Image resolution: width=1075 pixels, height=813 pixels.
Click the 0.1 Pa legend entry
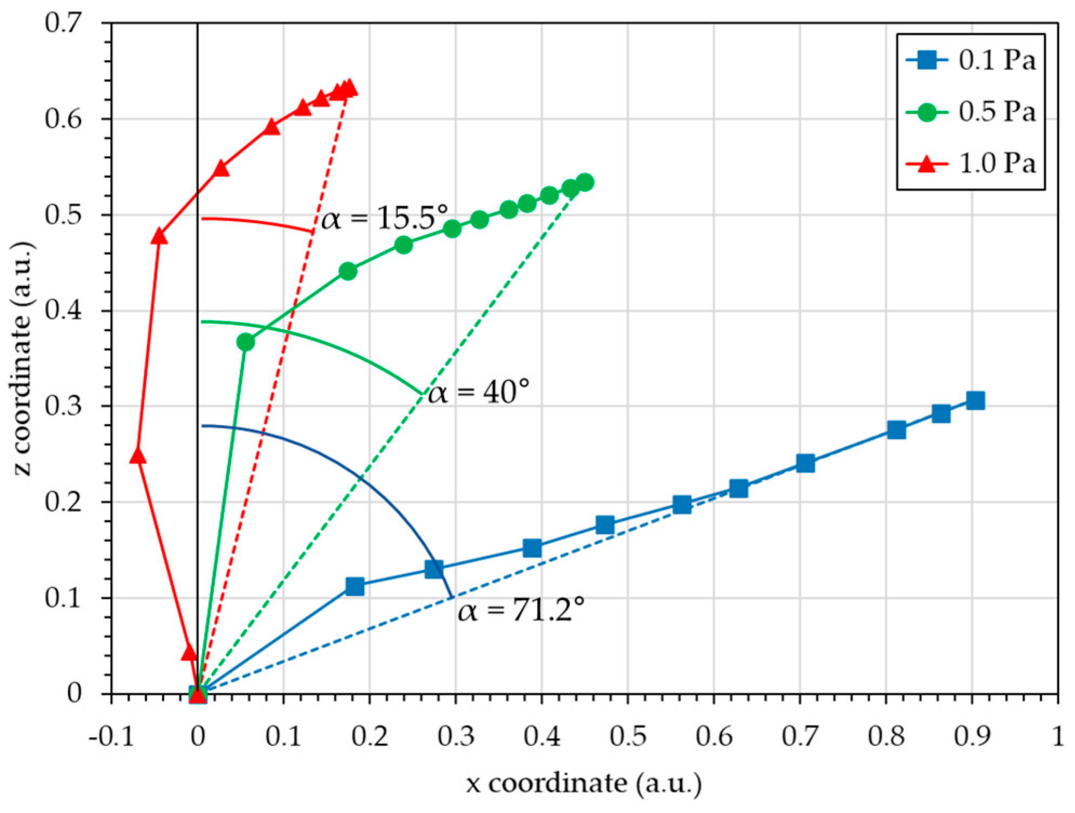coord(971,60)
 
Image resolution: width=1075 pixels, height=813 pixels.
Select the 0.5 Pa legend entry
coord(971,112)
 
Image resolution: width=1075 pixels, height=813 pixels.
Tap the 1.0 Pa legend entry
coord(971,163)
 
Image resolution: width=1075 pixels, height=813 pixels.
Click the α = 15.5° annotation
coord(384,219)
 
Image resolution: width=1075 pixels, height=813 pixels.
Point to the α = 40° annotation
coord(478,392)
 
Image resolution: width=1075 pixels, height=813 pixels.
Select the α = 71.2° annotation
coord(521,610)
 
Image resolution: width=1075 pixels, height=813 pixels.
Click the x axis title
coord(584,783)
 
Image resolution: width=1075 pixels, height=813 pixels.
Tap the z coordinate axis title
coord(23,359)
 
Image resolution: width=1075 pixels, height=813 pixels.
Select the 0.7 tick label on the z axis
coord(63,23)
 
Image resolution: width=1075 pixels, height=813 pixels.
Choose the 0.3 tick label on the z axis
coord(63,406)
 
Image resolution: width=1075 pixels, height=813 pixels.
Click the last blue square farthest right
coord(975,401)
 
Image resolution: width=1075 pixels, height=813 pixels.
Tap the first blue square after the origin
coord(354,586)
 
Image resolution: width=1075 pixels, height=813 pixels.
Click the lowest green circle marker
coord(245,342)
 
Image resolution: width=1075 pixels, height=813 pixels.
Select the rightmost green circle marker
coord(585,182)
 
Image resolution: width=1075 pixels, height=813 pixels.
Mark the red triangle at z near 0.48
coord(159,236)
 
